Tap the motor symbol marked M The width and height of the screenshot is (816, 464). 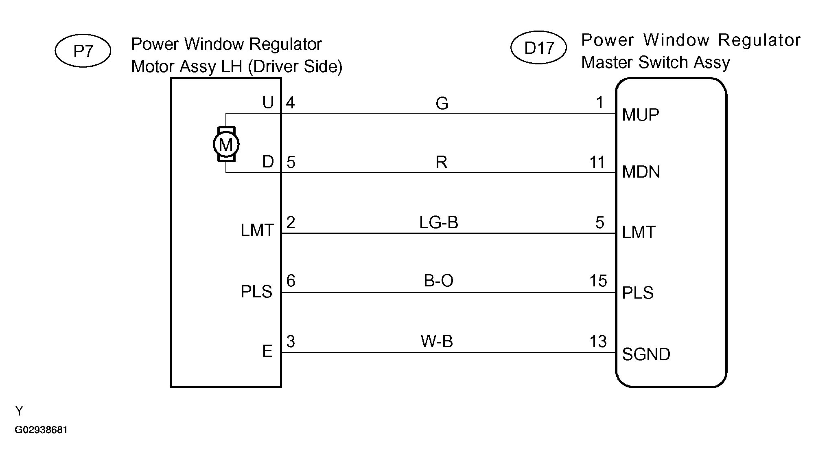point(226,144)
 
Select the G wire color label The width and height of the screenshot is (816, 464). point(442,103)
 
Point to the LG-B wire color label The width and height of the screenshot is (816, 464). point(439,222)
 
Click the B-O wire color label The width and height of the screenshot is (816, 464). point(439,281)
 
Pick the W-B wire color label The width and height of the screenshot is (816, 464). point(437,341)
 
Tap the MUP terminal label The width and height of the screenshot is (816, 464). point(641,115)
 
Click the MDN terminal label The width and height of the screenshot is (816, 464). point(641,172)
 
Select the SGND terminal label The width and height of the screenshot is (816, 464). point(646,354)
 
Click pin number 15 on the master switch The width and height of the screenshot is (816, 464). point(598,281)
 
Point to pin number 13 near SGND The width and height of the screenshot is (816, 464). point(598,341)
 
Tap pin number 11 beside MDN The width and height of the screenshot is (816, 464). point(597,163)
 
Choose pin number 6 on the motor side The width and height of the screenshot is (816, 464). point(291,281)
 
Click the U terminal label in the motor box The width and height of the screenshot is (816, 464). point(268,103)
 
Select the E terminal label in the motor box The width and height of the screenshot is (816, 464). point(267,351)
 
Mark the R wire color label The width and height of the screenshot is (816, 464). point(442,163)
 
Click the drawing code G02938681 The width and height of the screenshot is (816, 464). point(41,430)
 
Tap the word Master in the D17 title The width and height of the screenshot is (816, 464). point(607,62)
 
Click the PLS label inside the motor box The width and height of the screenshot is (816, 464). point(256,292)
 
